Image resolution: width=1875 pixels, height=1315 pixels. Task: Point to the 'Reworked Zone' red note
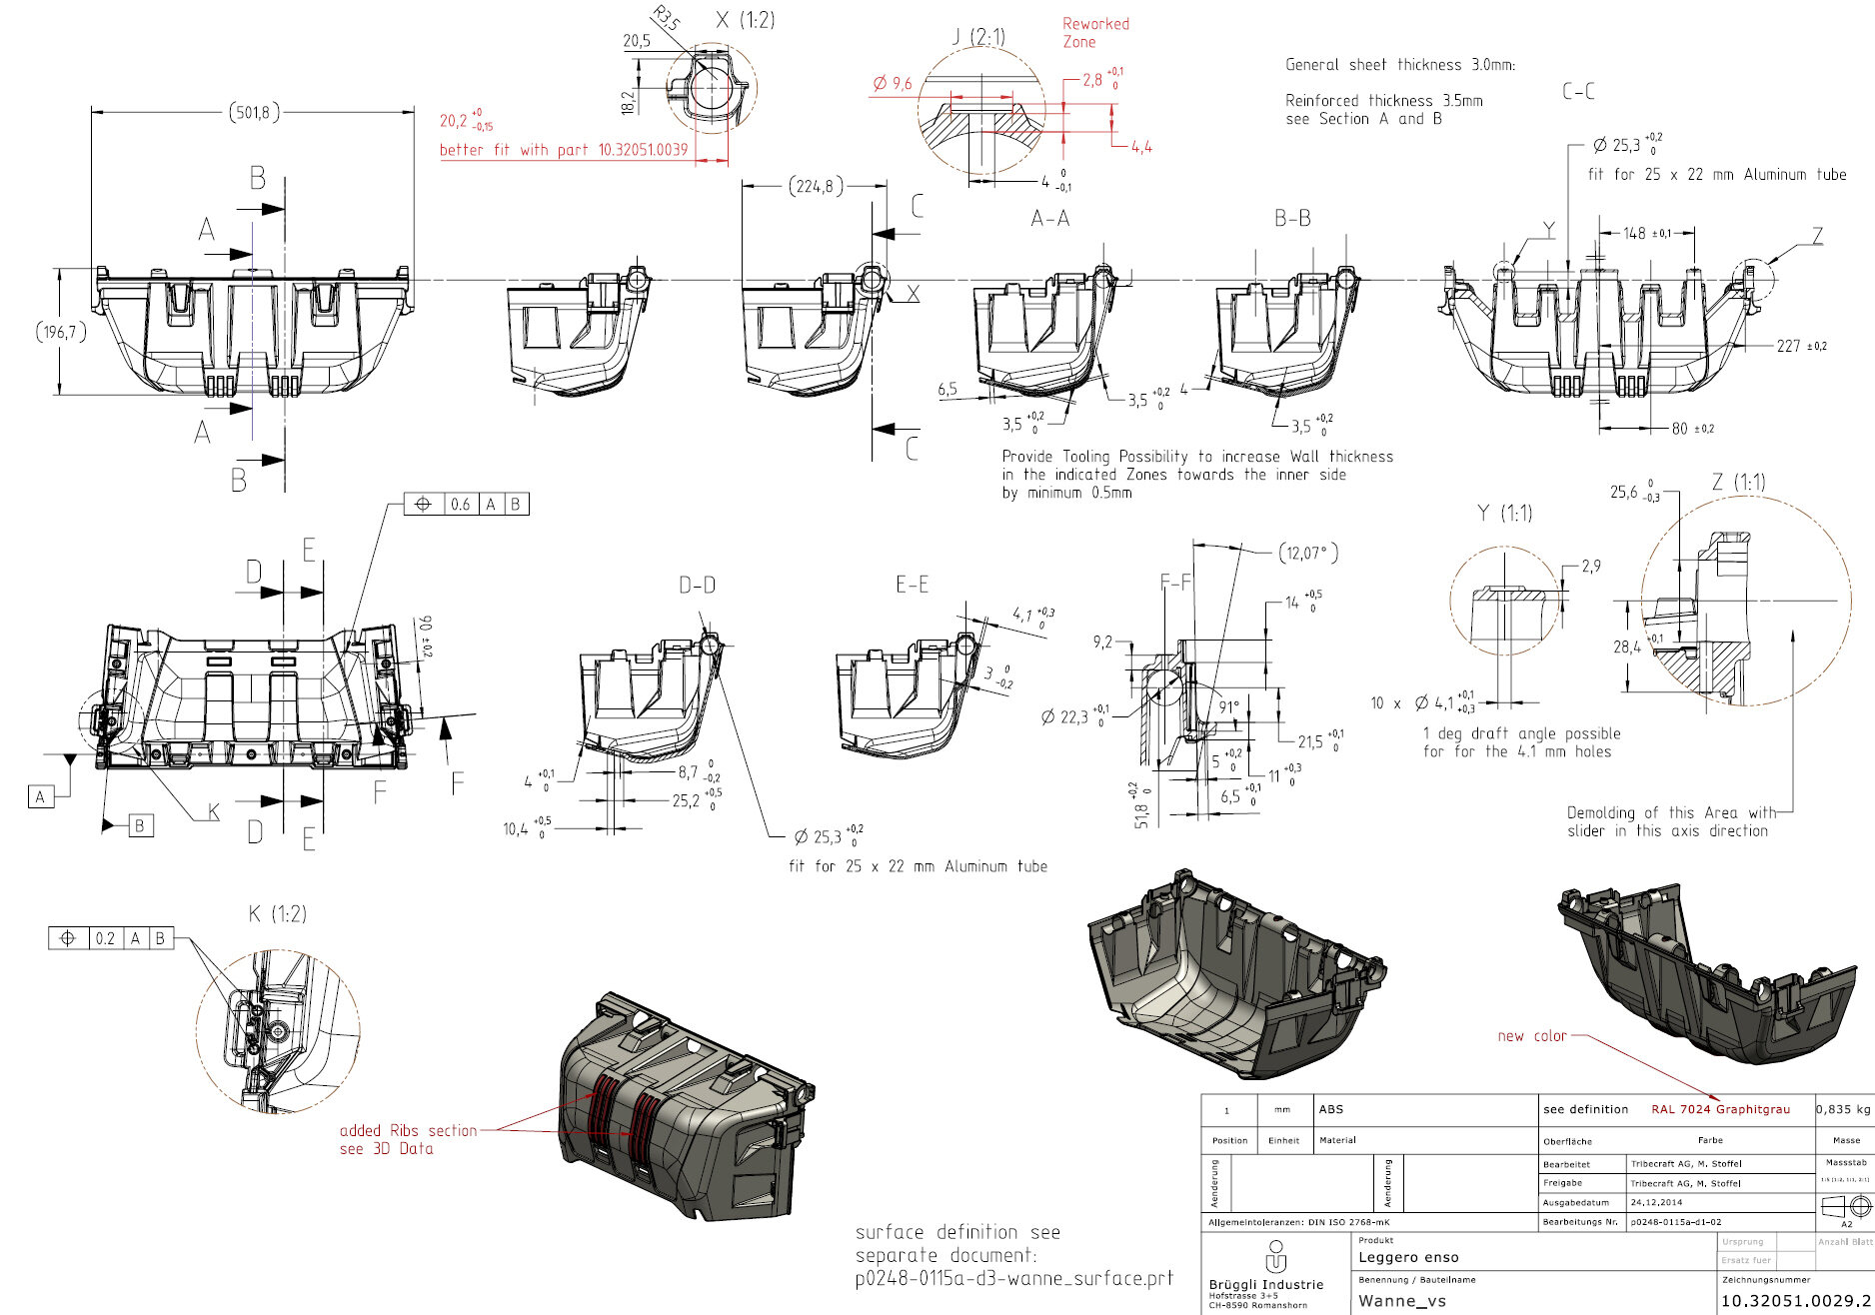[1094, 32]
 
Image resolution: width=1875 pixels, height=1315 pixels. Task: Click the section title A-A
[1049, 218]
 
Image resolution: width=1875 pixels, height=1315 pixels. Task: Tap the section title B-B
[1291, 218]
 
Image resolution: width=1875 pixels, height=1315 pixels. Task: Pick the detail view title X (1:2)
[745, 20]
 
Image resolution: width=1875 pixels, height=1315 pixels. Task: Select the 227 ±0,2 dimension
[1801, 346]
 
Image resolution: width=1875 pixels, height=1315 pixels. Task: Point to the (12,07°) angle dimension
[1308, 553]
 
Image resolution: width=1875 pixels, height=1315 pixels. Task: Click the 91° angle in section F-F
[1228, 706]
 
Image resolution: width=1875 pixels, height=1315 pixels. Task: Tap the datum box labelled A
[40, 796]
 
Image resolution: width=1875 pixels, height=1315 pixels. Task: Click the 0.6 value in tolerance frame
[460, 505]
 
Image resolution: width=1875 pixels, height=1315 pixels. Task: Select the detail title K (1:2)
[277, 913]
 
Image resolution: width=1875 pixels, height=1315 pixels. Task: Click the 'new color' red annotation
[1531, 1036]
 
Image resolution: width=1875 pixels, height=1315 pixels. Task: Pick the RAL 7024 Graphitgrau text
[1720, 1109]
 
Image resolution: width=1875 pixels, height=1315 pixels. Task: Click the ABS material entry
[1330, 1109]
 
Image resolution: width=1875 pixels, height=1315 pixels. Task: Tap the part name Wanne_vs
[1401, 1300]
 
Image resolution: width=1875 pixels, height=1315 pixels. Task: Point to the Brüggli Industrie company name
[1265, 1284]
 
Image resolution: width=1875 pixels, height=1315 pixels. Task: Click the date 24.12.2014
[1656, 1202]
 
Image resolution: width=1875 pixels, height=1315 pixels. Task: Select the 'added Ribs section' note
[408, 1130]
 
